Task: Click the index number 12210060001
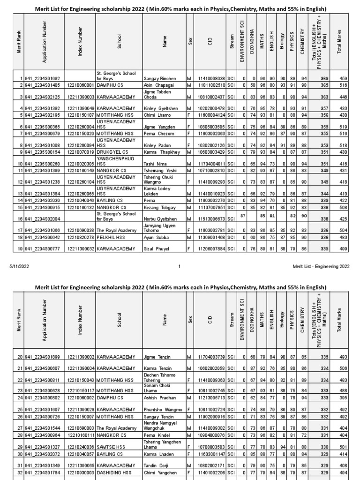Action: click(81, 85)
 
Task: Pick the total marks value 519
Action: click(343, 127)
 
